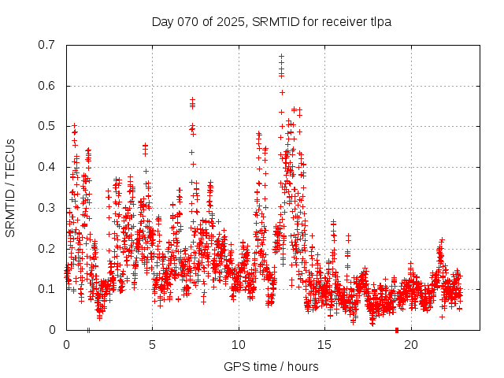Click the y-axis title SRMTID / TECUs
[x=10, y=187]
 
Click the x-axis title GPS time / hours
[x=271, y=366]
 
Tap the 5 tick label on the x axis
[x=152, y=344]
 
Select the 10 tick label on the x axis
[x=239, y=344]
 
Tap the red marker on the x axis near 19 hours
[x=396, y=329]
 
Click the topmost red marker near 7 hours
[x=192, y=100]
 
